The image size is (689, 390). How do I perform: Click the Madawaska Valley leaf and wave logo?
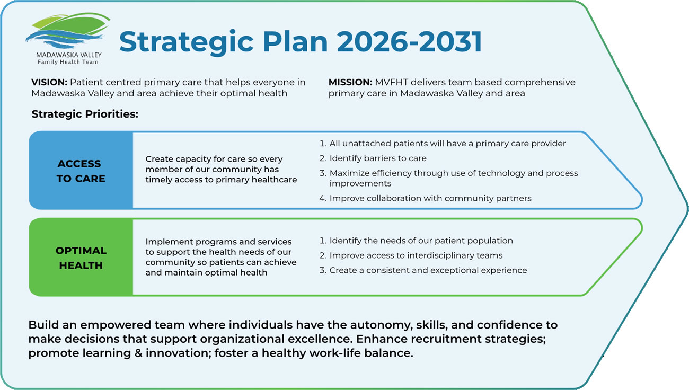click(68, 30)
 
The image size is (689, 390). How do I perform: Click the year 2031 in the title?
click(450, 41)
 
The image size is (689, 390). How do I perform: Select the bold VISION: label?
click(49, 82)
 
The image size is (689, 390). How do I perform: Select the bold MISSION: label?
click(350, 82)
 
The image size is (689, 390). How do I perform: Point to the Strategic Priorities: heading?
click(85, 114)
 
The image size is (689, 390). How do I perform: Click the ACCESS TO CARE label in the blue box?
click(81, 171)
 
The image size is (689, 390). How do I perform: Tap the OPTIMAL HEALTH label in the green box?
click(81, 258)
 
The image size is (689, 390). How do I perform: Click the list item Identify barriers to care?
click(373, 158)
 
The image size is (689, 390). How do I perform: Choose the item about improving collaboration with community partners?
click(426, 198)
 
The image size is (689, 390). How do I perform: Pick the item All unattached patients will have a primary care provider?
click(443, 144)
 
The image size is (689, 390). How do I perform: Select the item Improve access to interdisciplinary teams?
click(411, 255)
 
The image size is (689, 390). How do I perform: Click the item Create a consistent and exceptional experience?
click(423, 270)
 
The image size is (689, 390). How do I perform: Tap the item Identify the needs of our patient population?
click(416, 241)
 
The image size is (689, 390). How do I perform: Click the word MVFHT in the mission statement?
click(391, 82)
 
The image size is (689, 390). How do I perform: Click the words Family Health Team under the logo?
click(68, 62)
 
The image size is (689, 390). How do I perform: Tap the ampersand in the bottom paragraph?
click(138, 353)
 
